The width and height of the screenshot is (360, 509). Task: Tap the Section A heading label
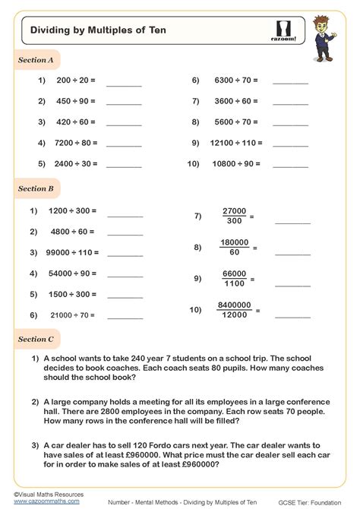(x=36, y=60)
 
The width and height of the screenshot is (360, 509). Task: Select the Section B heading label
(x=36, y=188)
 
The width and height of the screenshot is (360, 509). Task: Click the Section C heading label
(x=36, y=339)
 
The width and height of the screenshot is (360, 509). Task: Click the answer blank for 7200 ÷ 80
(x=124, y=142)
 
